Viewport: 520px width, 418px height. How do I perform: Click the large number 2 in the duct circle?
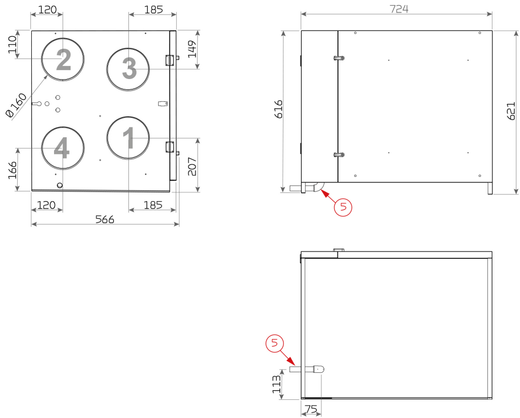tap(63, 60)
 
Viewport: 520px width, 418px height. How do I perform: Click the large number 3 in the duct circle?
tap(129, 68)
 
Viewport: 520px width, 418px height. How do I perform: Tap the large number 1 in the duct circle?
tap(128, 138)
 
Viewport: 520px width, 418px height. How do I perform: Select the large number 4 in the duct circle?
tap(62, 148)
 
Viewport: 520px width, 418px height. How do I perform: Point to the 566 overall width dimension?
tap(105, 219)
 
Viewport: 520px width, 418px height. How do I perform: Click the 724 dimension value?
tap(399, 9)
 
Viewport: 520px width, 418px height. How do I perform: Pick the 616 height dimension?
tap(279, 109)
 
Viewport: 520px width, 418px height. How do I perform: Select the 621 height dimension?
tap(511, 111)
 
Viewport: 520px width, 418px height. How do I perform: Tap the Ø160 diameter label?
tap(16, 106)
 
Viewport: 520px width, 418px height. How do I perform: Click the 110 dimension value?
tap(12, 44)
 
